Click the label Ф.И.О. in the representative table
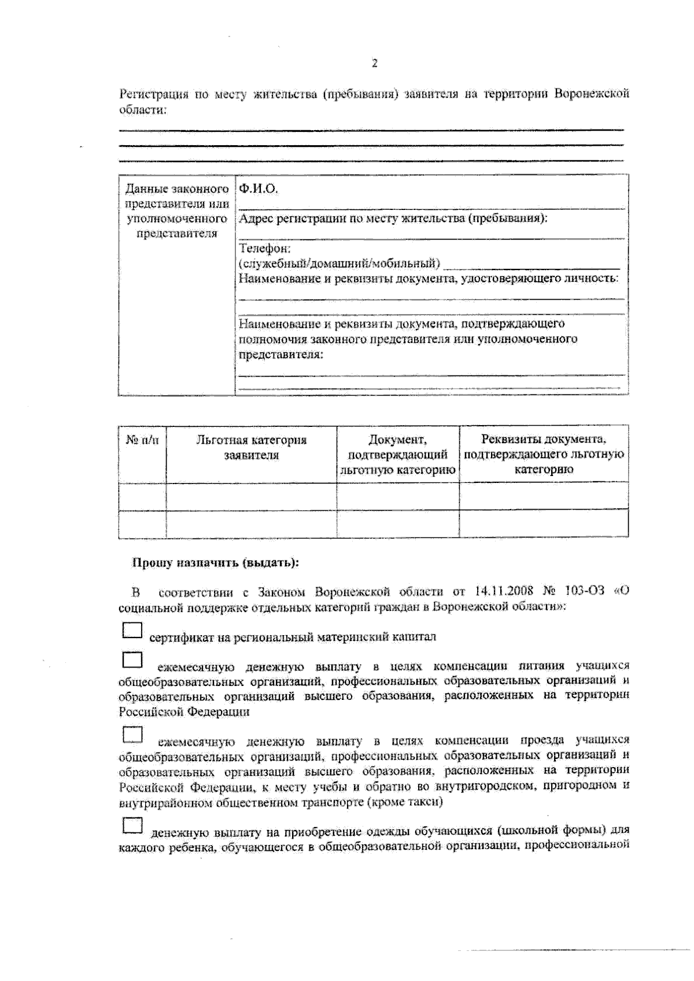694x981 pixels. coord(259,189)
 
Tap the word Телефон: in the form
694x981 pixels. coord(264,249)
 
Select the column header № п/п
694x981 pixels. coord(142,440)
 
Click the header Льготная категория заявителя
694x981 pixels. coord(251,447)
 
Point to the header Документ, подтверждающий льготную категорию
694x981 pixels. coord(398,455)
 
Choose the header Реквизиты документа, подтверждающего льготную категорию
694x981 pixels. coord(544,454)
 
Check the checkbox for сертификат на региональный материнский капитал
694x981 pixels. coord(132,630)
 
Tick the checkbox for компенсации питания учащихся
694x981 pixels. coord(132,660)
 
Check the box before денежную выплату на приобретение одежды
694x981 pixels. coord(132,825)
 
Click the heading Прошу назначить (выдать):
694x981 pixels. coord(215,563)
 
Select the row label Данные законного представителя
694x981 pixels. coord(176,211)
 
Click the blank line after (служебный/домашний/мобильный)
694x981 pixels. coord(531,265)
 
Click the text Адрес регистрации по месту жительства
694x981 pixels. coord(392,219)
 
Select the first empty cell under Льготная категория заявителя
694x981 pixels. coord(251,496)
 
